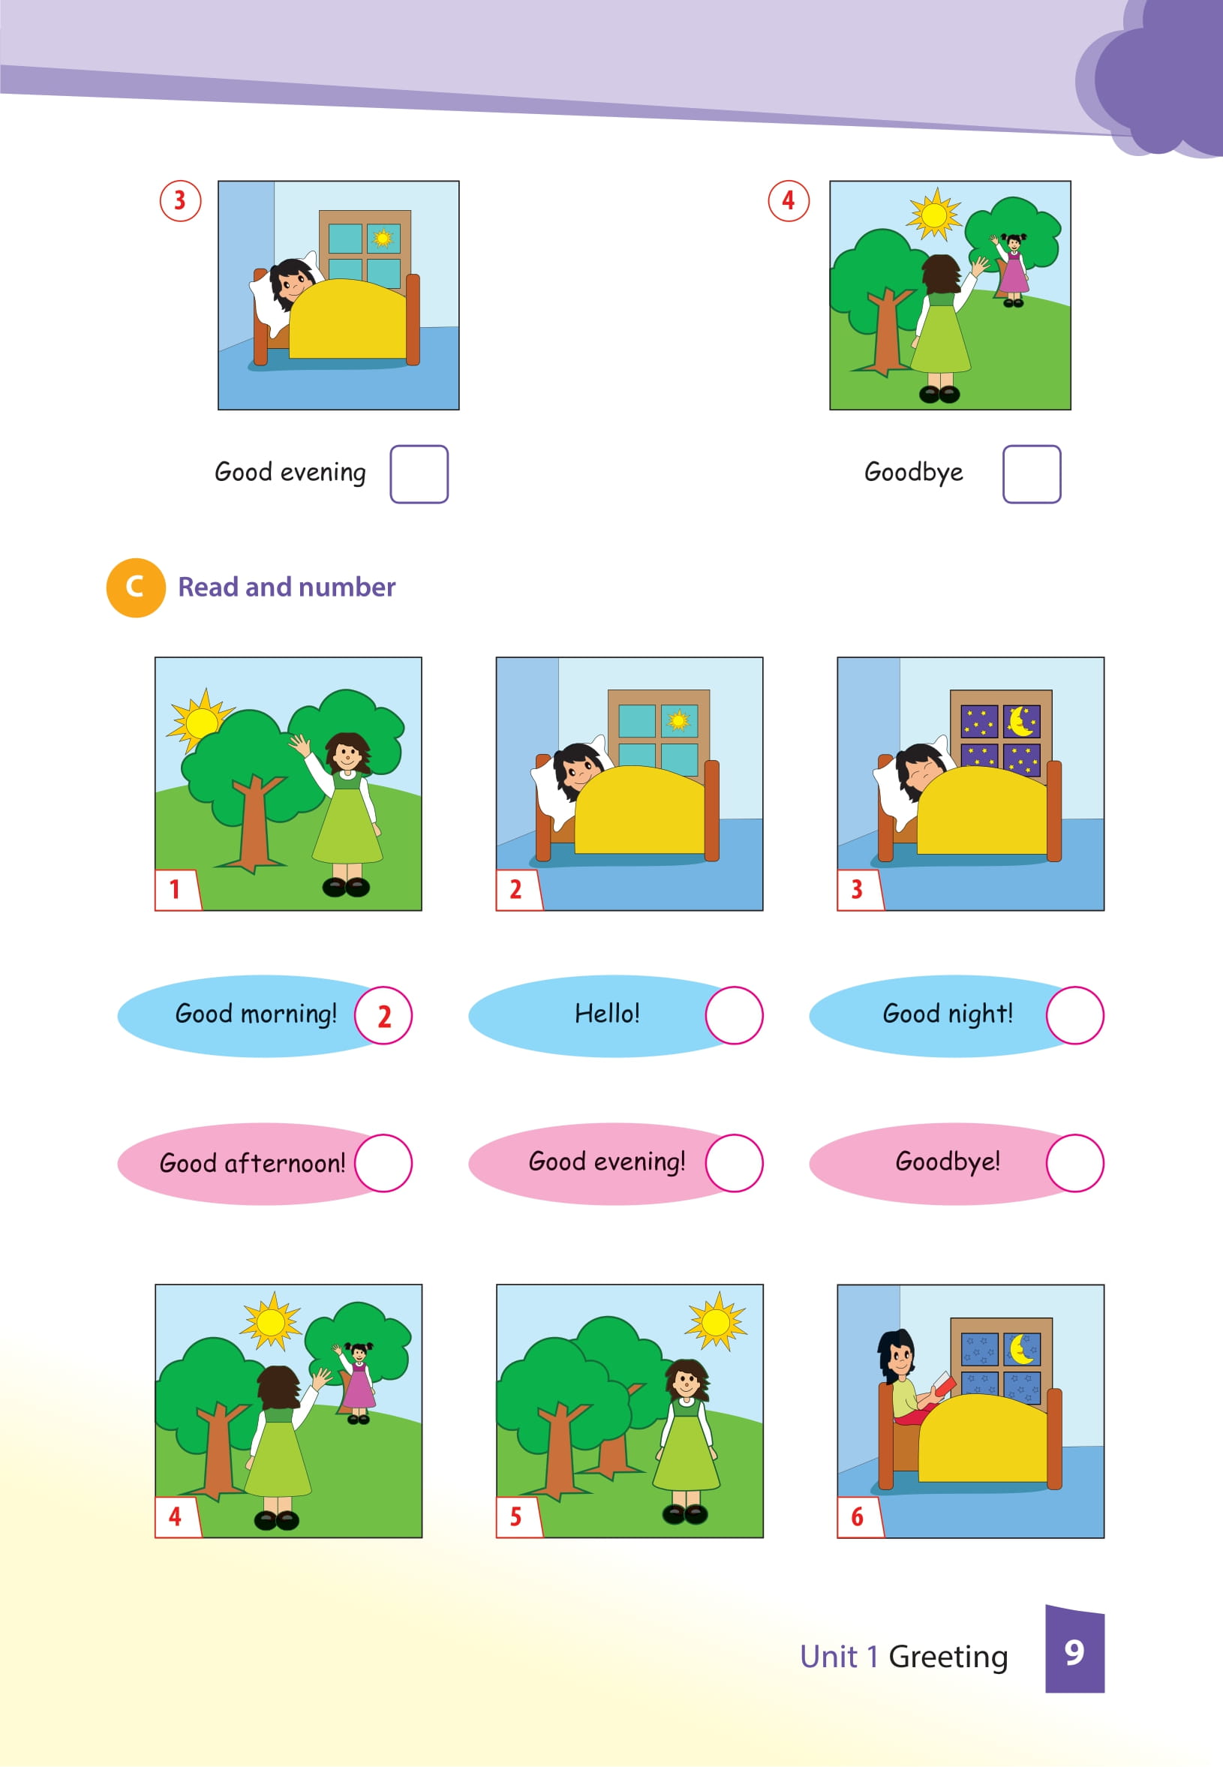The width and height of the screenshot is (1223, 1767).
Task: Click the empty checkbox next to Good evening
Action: point(419,473)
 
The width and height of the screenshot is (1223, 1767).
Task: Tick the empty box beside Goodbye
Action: point(1032,473)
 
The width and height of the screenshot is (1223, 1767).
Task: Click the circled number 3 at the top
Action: point(180,201)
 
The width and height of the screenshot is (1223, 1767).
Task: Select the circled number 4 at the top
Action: point(789,201)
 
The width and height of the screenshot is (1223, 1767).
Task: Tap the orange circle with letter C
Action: point(136,587)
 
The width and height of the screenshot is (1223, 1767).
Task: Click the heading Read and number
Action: point(287,587)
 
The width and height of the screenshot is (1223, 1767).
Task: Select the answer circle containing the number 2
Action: point(383,1015)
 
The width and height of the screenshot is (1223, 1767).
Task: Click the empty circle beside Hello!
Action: point(734,1015)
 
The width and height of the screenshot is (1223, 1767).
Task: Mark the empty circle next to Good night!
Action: point(1075,1015)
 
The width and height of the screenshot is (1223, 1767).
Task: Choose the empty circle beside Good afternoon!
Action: point(383,1163)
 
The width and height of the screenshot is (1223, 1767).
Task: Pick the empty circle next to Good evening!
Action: point(734,1163)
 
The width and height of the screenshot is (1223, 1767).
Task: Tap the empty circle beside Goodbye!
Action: point(1075,1163)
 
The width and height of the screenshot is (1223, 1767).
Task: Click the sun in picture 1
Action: point(201,721)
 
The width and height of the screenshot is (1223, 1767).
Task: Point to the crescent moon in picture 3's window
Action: point(1020,721)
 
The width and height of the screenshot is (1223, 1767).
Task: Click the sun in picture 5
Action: point(716,1321)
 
